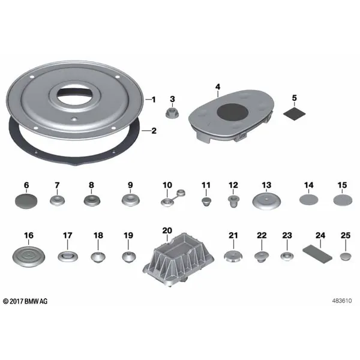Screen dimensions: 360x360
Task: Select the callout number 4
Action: [218, 87]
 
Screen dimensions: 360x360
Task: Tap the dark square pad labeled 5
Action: [295, 113]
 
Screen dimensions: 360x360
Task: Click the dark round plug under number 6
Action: [26, 201]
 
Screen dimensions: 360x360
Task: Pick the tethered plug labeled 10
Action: [173, 198]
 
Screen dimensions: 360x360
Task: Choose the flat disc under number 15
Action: [343, 200]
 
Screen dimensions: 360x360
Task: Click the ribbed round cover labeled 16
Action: [28, 256]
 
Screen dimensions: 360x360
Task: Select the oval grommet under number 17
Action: [68, 256]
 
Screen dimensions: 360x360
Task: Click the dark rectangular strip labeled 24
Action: [317, 254]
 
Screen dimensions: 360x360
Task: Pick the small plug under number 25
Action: [346, 256]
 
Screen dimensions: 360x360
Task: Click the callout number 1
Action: [154, 100]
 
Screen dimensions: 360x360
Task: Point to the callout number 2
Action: [154, 131]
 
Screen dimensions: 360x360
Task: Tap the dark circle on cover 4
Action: [233, 114]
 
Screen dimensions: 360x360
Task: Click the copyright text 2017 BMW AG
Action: [25, 301]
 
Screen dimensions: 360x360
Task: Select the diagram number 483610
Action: [341, 301]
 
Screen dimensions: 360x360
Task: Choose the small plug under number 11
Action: [206, 201]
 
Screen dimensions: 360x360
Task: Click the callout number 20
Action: [167, 230]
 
